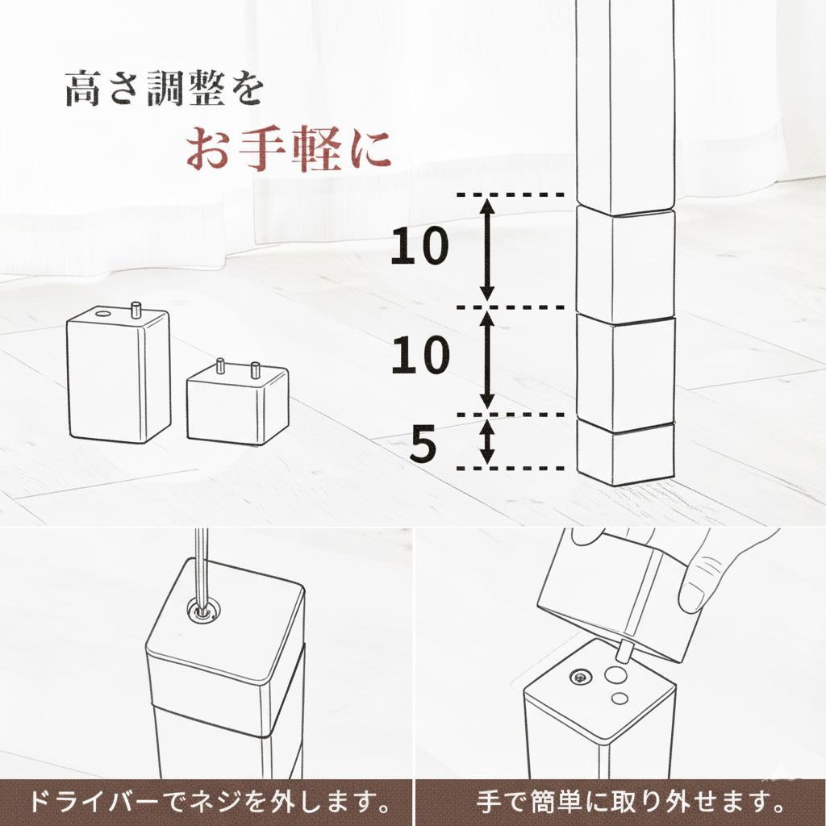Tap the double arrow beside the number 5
tap(486, 441)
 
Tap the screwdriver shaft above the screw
tap(201, 565)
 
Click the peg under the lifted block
tap(625, 649)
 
